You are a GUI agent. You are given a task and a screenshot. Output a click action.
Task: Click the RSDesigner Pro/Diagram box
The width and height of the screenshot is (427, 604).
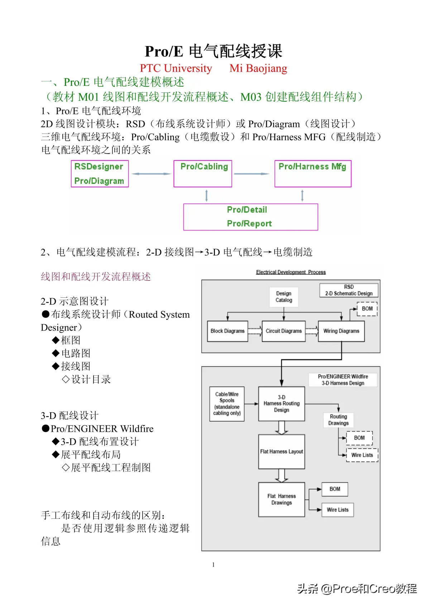tap(100, 174)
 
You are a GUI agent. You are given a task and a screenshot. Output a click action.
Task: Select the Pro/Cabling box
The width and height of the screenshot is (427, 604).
tap(203, 174)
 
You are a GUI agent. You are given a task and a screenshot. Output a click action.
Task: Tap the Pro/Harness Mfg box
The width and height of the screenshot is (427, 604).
tap(313, 174)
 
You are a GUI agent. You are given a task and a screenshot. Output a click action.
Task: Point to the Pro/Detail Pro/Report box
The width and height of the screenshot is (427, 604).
tap(251, 217)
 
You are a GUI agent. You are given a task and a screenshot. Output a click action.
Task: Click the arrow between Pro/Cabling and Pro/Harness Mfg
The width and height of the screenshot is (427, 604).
tap(251, 174)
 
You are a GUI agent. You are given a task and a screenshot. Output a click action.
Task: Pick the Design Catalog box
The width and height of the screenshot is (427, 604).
tap(284, 297)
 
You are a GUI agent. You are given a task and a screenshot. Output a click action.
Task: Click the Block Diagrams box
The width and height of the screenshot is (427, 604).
tap(227, 331)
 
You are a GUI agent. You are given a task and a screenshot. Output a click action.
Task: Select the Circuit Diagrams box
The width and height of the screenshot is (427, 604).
tap(284, 331)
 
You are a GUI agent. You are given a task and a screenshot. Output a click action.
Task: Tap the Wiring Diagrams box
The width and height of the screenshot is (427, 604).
tap(341, 331)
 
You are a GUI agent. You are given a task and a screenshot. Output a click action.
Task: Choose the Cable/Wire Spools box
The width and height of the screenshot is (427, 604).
tap(227, 404)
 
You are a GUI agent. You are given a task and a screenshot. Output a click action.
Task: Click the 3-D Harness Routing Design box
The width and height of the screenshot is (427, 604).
tap(282, 404)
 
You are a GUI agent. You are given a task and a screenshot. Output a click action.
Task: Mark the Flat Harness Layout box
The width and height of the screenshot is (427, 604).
tap(282, 452)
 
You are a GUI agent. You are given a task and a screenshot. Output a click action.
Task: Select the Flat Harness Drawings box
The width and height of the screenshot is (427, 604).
tap(282, 499)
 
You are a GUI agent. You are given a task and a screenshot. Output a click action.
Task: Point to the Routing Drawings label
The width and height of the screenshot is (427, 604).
tap(338, 420)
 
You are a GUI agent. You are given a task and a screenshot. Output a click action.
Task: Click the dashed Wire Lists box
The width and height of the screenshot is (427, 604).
tap(362, 455)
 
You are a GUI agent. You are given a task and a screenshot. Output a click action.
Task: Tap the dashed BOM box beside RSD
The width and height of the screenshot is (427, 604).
tap(367, 309)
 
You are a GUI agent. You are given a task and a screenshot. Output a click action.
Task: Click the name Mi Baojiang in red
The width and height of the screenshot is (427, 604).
tap(258, 68)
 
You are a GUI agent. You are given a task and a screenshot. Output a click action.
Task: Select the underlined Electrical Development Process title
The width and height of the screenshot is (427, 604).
tap(291, 272)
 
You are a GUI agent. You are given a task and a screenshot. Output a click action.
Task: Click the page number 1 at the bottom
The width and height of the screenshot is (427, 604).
tap(213, 565)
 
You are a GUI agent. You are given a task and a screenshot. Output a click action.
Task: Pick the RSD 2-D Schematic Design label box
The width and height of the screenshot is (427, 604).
tap(349, 290)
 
